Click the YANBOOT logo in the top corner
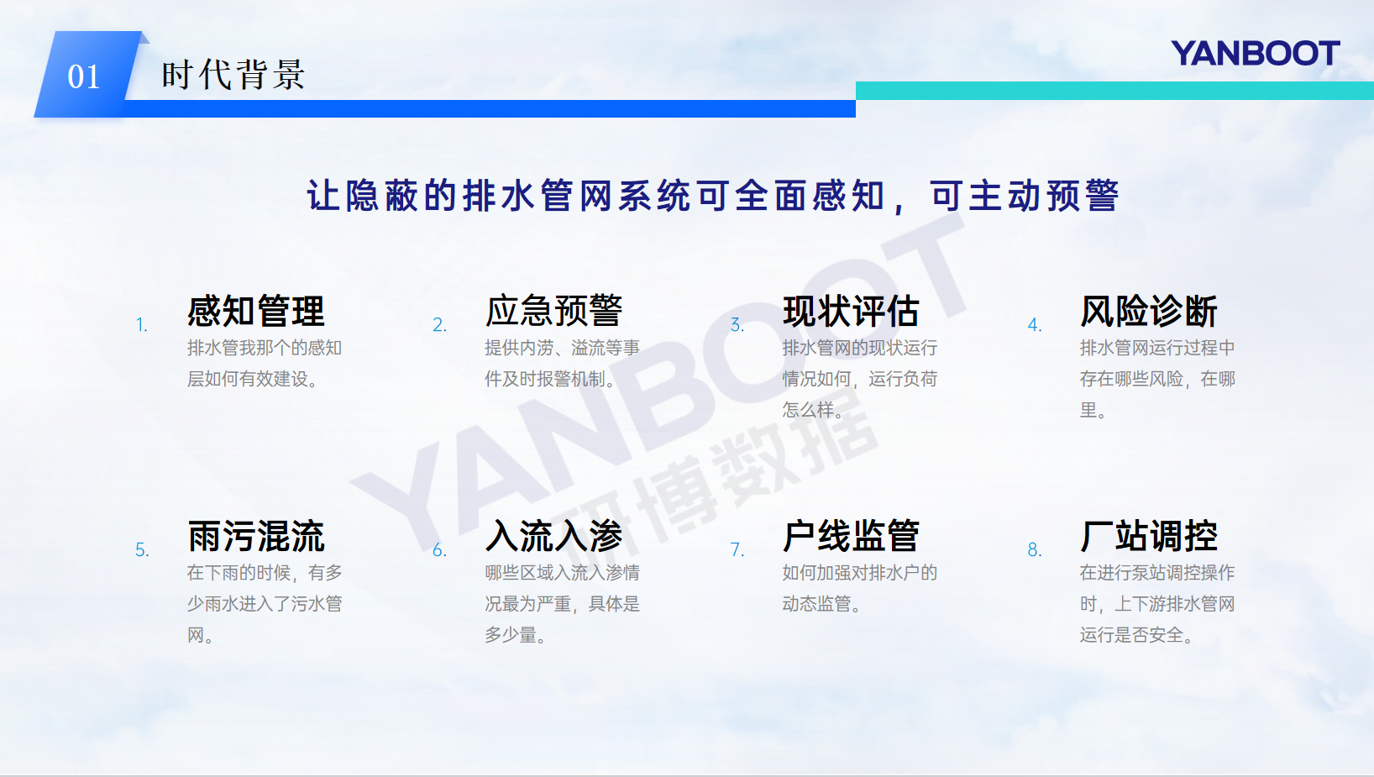coord(1255,54)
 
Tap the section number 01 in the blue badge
coord(83,76)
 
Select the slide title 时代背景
coord(233,75)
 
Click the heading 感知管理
coord(256,311)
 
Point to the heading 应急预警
coord(554,311)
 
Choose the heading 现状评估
coord(852,311)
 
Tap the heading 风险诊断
coord(1149,311)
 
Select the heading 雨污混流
coord(256,536)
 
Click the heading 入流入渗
coord(554,536)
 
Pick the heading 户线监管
coord(852,536)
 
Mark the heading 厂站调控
coord(1149,536)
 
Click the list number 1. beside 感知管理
coord(142,325)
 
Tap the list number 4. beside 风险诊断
coord(1035,325)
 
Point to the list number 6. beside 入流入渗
coord(440,550)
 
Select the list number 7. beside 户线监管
coord(737,550)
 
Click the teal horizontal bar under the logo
coord(1114,91)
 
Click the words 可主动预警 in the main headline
coord(1025,197)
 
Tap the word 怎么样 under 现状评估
coord(809,410)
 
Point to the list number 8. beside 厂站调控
coord(1035,550)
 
